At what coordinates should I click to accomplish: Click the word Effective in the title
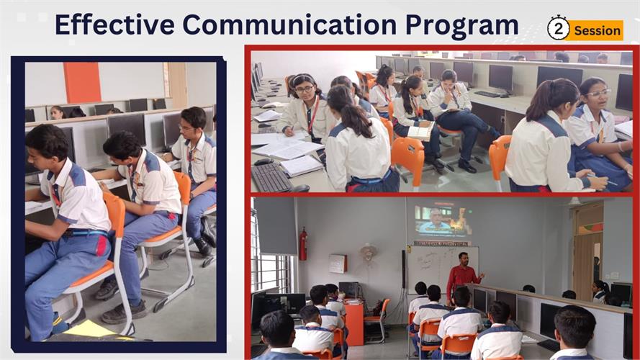click(x=115, y=24)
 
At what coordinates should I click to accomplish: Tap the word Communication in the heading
click(x=289, y=24)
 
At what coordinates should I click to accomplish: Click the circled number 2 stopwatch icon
click(x=558, y=28)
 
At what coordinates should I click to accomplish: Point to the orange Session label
click(x=597, y=30)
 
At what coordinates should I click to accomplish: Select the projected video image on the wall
click(x=443, y=221)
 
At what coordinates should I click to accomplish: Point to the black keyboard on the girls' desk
click(x=271, y=177)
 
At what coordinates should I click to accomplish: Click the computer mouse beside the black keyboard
click(x=263, y=162)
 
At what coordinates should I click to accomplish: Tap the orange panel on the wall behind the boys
click(x=82, y=83)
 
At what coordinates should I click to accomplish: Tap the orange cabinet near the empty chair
click(x=353, y=323)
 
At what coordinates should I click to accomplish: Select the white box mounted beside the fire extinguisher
click(x=338, y=264)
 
